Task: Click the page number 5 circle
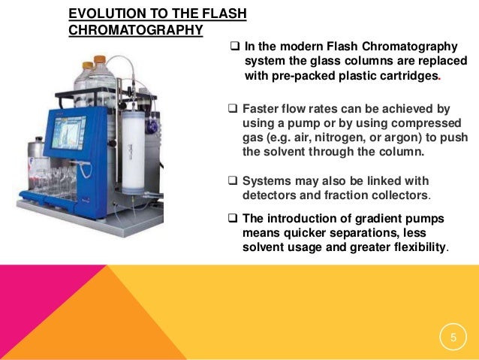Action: pyautogui.click(x=453, y=339)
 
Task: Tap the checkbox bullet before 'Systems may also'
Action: pyautogui.click(x=232, y=181)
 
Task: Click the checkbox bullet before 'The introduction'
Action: pyautogui.click(x=232, y=219)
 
